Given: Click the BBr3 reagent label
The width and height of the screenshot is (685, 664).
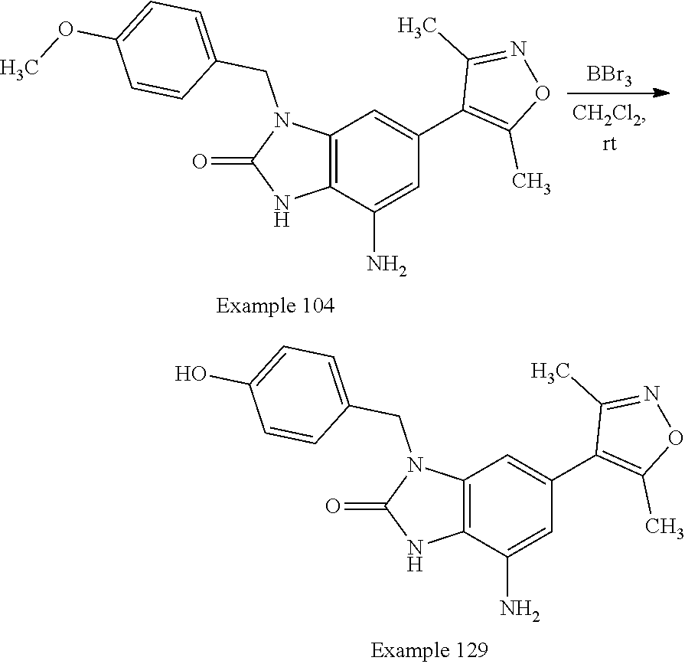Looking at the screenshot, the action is pyautogui.click(x=609, y=76).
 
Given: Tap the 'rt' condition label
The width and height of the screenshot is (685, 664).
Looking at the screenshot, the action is pyautogui.click(x=610, y=145).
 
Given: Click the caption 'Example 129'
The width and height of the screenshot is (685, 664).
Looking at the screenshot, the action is pyautogui.click(x=429, y=650).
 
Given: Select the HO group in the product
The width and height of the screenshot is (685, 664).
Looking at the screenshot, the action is pyautogui.click(x=190, y=374).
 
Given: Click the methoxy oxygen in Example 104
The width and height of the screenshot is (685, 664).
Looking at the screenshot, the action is pyautogui.click(x=67, y=31).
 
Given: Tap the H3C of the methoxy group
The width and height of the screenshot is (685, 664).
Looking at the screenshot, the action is pyautogui.click(x=21, y=70).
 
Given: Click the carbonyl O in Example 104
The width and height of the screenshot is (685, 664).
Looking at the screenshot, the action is pyautogui.click(x=201, y=161).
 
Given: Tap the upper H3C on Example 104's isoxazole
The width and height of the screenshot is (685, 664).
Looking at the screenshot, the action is pyautogui.click(x=419, y=28).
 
